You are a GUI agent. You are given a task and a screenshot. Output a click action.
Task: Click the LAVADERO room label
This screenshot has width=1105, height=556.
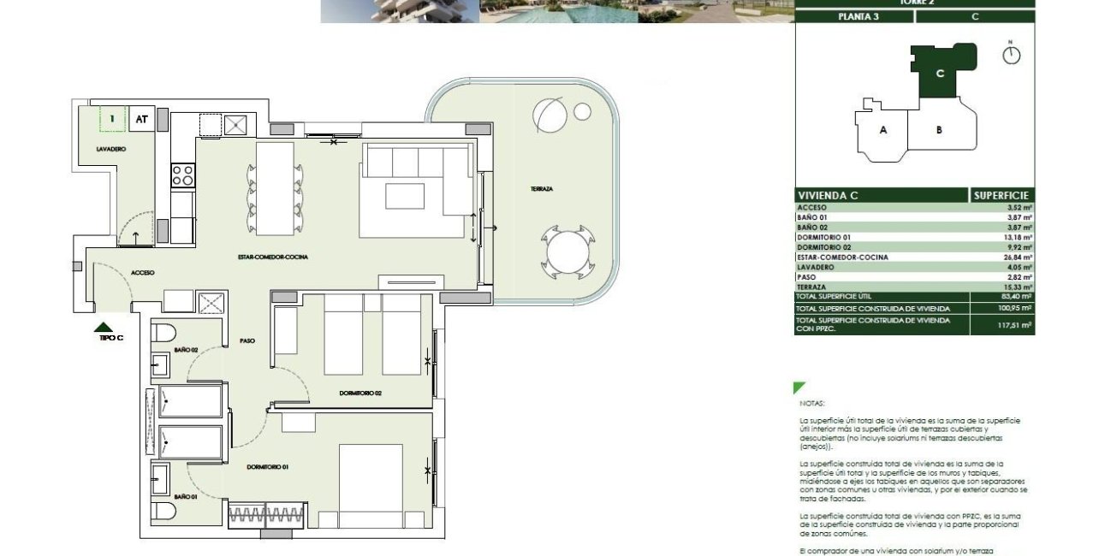[x=111, y=149]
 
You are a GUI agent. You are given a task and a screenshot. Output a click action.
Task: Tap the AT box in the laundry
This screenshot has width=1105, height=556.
[x=141, y=119]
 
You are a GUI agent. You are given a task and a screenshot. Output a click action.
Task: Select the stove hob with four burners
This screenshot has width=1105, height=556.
[x=183, y=174]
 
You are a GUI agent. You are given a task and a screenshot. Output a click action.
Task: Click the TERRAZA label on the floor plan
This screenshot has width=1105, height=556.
[x=541, y=188]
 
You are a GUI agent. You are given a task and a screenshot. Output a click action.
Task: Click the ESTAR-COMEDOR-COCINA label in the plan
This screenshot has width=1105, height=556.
[x=273, y=257]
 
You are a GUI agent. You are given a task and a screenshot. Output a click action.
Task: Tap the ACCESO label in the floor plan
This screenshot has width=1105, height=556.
[x=142, y=273]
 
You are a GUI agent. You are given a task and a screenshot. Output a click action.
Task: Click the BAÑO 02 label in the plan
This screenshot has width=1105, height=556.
[x=186, y=350]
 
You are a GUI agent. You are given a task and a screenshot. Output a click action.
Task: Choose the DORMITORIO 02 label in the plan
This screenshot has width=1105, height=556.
[x=359, y=393]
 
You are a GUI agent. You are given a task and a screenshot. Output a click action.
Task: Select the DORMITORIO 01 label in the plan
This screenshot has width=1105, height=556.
[x=267, y=466]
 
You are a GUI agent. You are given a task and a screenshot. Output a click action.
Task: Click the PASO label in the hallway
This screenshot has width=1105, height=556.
[x=247, y=340]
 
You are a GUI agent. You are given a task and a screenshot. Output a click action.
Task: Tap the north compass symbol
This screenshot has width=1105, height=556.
[x=1012, y=55]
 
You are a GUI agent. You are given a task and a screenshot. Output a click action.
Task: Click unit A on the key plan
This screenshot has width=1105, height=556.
[x=882, y=130]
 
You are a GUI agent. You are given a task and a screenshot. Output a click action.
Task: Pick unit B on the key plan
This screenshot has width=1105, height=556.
[x=939, y=130]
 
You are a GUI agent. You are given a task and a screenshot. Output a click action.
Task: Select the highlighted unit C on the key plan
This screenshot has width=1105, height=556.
[x=940, y=74]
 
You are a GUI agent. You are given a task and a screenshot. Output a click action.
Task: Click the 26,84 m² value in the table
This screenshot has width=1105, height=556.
[x=1018, y=257]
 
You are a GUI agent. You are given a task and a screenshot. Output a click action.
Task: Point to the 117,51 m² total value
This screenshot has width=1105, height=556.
[x=1016, y=325]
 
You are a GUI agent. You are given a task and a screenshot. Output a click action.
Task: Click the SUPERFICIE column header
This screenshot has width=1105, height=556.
[x=1001, y=196]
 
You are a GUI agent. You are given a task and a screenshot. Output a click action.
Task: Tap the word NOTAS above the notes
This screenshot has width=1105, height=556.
[x=811, y=401]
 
